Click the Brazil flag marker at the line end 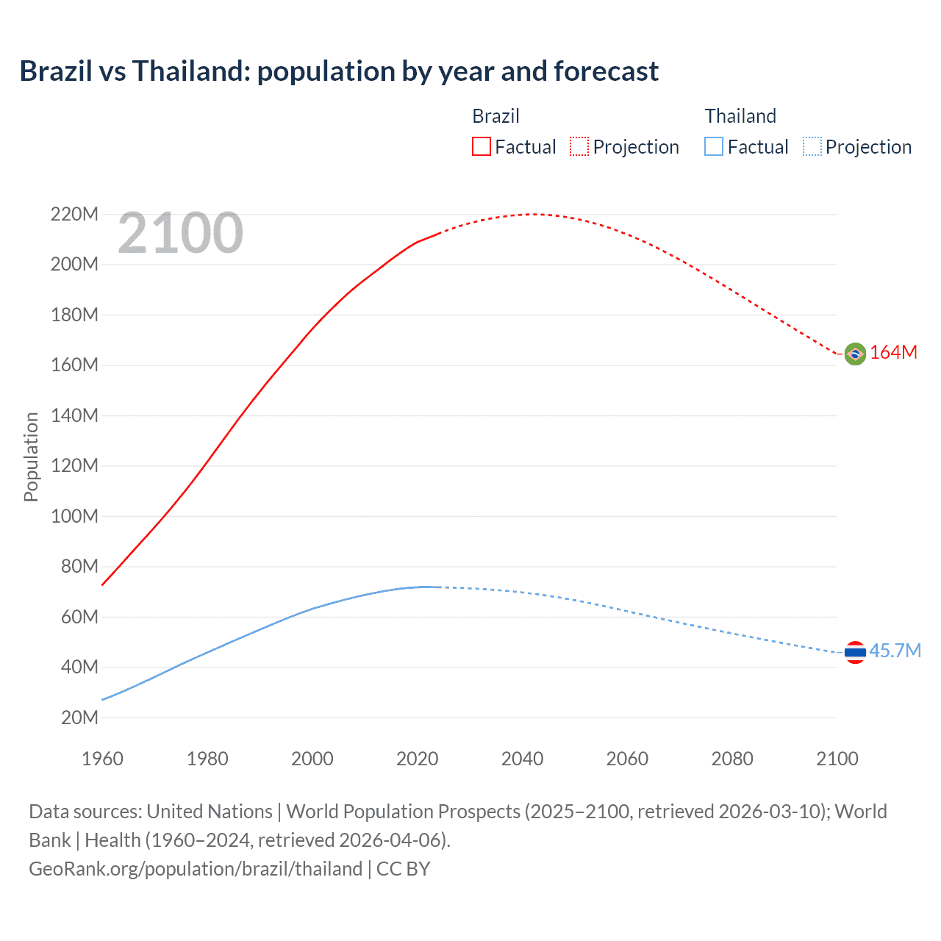click(855, 354)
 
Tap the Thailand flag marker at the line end click(855, 652)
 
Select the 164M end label click(893, 353)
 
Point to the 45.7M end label click(895, 651)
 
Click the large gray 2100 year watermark click(180, 233)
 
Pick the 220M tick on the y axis click(74, 215)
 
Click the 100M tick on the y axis click(74, 516)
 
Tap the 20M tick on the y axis click(79, 718)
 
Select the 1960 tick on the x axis click(102, 759)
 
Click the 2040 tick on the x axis click(522, 759)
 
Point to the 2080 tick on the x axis click(732, 759)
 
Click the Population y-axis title click(31, 457)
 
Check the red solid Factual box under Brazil click(481, 146)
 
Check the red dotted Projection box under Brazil click(579, 146)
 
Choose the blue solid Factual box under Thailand click(714, 146)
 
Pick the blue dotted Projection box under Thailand click(812, 146)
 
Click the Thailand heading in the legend click(740, 116)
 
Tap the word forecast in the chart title click(606, 71)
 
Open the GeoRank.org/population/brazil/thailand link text click(196, 869)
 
